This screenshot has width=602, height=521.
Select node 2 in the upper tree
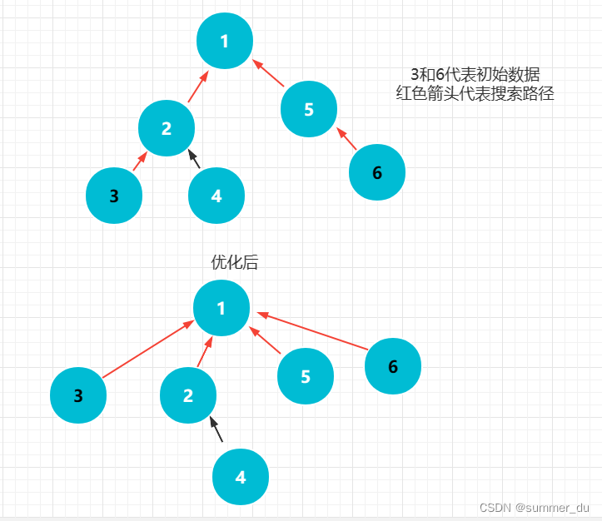(167, 128)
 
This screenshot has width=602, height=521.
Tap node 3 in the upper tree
(114, 196)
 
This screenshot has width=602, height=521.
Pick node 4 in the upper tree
(216, 196)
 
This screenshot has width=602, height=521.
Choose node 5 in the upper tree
(309, 109)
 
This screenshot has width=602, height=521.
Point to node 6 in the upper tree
(377, 173)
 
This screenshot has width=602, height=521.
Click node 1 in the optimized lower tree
(221, 309)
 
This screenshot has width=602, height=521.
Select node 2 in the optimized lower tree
(188, 395)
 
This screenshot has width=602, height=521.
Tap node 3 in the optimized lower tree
(78, 396)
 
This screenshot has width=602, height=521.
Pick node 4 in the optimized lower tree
(241, 477)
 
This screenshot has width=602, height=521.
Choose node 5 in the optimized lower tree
(306, 376)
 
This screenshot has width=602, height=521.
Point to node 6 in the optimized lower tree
(393, 366)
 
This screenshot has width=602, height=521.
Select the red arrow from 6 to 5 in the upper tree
(346, 139)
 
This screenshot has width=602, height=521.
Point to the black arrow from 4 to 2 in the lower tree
(216, 429)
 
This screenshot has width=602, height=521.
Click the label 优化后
(235, 262)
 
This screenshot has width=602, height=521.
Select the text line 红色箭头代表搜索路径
(475, 93)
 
